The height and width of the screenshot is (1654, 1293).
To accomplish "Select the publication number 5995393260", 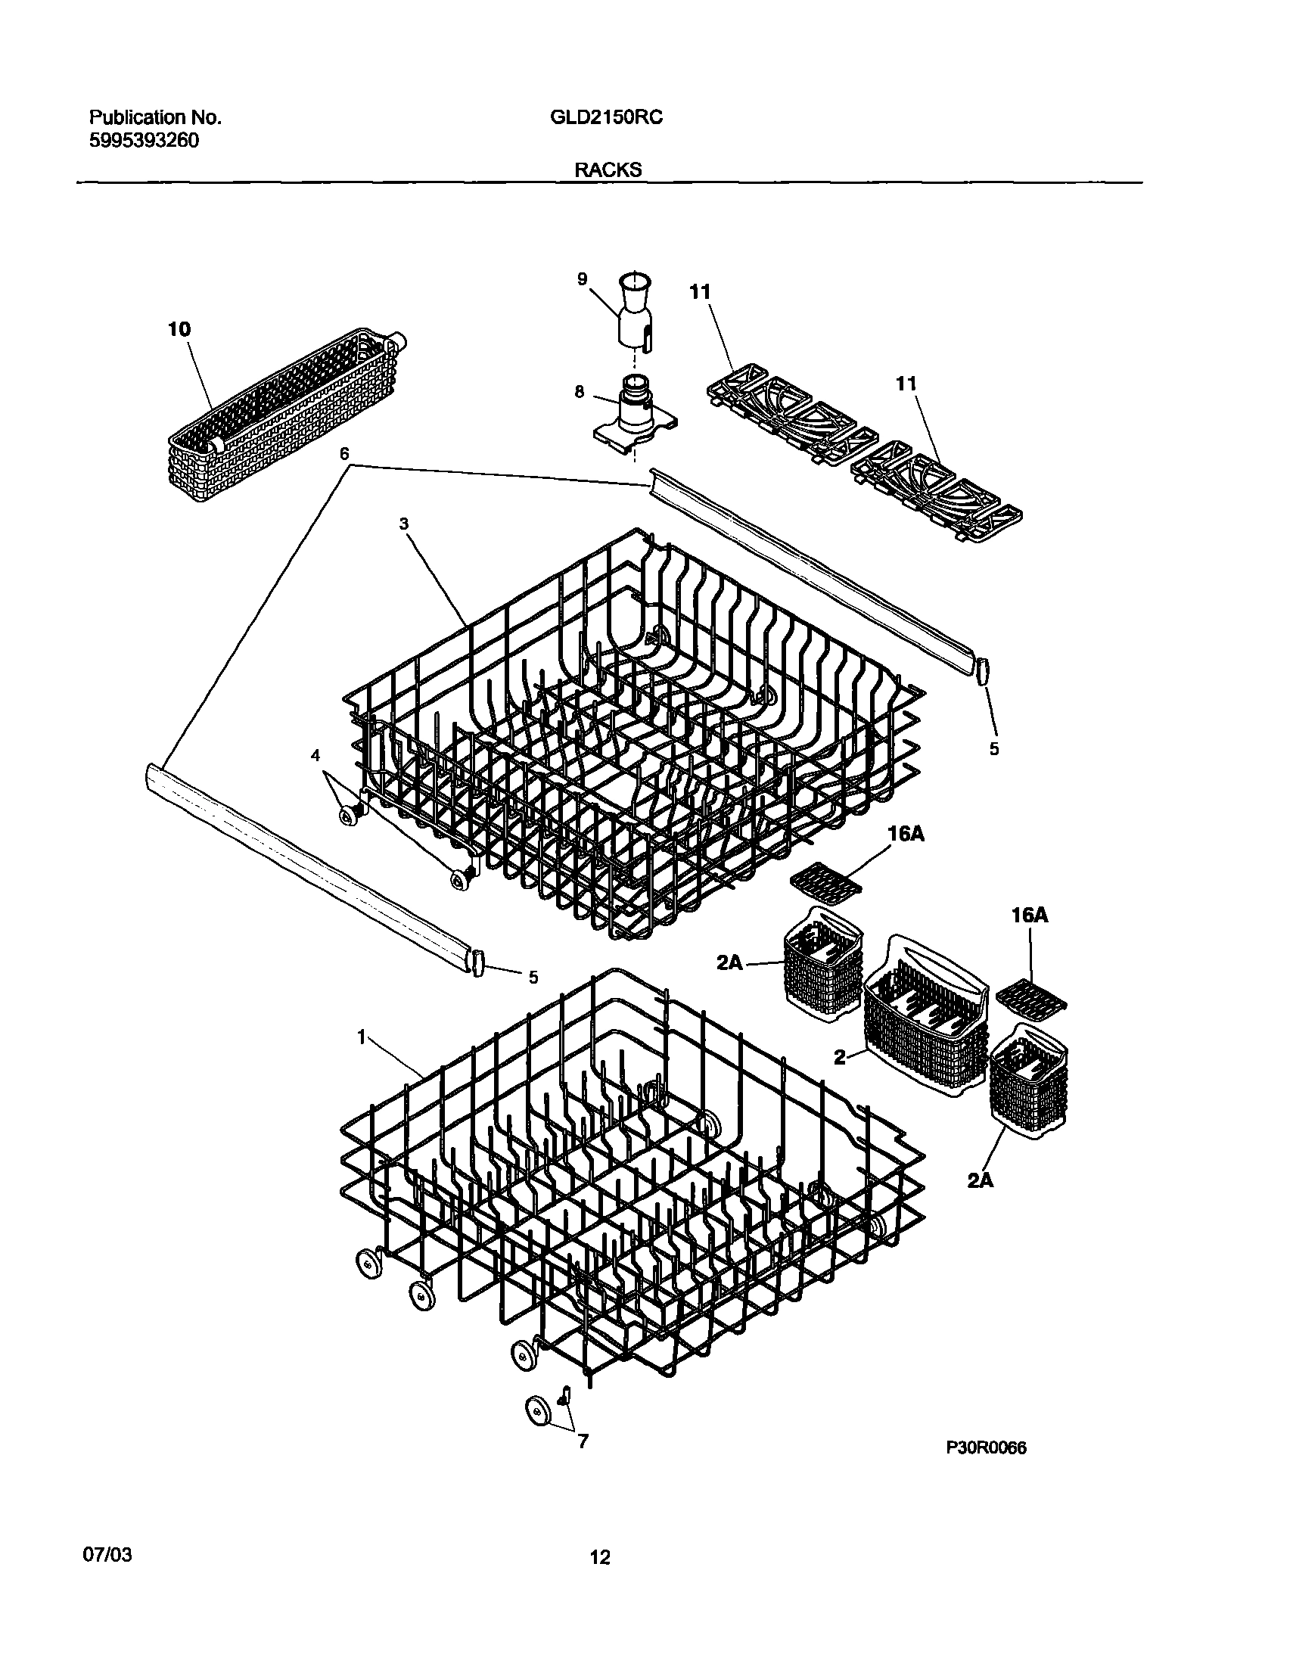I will pos(144,141).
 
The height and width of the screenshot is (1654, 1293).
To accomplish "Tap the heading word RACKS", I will pos(608,169).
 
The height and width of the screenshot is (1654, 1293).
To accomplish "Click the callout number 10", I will pos(179,329).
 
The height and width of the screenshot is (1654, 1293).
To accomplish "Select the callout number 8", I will pos(580,391).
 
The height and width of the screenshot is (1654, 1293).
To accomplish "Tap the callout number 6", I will pos(345,454).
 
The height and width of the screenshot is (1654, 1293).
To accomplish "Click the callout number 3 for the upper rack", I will pos(404,524).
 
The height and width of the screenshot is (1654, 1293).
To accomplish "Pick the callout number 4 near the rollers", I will pos(315,755).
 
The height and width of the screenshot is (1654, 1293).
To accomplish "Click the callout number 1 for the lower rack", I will pos(362,1037).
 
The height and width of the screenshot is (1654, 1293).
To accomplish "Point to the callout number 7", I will pos(583,1442).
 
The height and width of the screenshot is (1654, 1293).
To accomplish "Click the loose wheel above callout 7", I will pos(539,1412).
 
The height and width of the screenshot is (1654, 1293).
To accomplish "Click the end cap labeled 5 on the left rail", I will pos(478,965).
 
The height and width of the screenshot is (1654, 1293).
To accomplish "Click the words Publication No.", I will pos(155,117).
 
